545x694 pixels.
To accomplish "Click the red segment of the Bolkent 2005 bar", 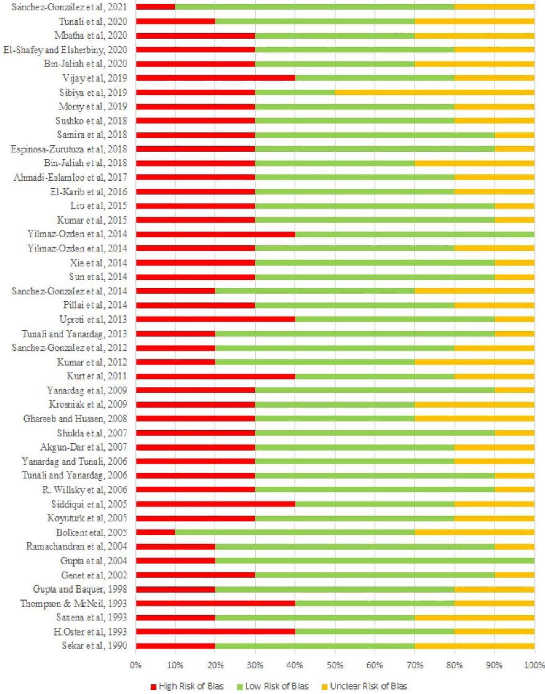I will click(155, 532).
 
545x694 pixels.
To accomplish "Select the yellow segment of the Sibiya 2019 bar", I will click(434, 92).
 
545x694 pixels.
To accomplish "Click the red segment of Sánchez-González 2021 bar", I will click(155, 7).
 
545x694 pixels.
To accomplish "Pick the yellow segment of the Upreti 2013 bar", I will click(514, 319).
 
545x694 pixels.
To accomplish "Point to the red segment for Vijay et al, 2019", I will click(215, 78).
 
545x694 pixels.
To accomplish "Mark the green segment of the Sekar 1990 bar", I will click(315, 646).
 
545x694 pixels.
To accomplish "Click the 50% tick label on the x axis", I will click(335, 665).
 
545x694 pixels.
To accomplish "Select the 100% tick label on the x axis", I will click(534, 665).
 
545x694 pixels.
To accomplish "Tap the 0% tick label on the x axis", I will click(136, 665).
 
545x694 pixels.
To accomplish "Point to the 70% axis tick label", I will click(415, 665).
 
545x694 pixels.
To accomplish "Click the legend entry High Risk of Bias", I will click(187, 686).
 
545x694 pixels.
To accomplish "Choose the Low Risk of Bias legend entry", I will click(273, 686).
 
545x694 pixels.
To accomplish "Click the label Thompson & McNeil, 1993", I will click(74, 603).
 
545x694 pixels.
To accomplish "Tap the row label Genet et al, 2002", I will click(94, 575).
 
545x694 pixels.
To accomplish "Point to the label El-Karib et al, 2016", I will click(88, 192).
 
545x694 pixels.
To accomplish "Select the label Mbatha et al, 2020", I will click(91, 35).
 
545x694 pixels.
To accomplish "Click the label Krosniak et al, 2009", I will click(88, 404).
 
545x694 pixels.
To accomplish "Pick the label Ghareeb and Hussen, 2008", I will click(75, 419).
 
